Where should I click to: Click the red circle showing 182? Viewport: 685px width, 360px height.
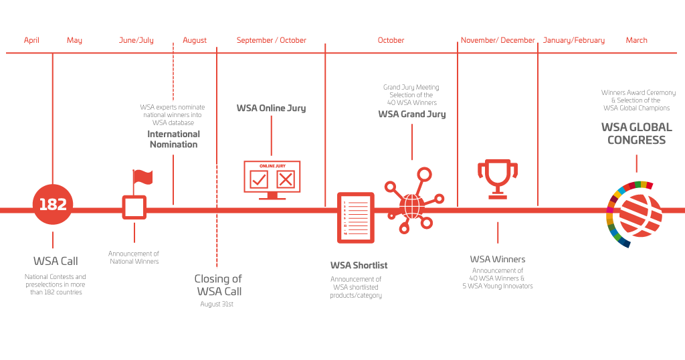[53, 205]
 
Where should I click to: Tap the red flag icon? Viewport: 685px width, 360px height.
[142, 177]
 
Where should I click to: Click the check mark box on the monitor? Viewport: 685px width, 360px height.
[258, 179]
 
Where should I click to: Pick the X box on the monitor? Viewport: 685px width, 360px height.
[286, 179]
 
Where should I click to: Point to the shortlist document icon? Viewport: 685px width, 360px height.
[356, 217]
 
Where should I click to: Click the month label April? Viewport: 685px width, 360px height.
[31, 40]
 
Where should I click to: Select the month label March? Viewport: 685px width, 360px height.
[636, 40]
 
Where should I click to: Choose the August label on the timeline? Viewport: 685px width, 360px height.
[195, 40]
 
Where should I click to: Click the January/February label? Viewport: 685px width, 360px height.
[573, 40]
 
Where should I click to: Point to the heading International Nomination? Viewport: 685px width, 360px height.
[173, 139]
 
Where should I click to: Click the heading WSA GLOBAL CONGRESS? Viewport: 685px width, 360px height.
[636, 133]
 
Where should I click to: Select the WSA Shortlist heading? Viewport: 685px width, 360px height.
[359, 265]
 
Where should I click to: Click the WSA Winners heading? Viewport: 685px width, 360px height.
[498, 259]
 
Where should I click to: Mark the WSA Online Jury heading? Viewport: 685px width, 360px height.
[271, 108]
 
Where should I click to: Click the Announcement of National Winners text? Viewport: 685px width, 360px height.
[134, 258]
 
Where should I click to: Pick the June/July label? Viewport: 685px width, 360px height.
[136, 40]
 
